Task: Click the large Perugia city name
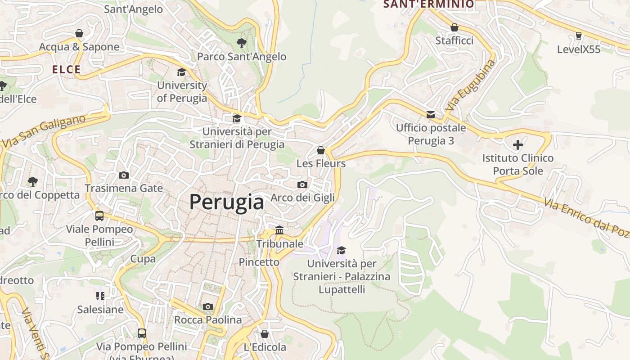click(226, 202)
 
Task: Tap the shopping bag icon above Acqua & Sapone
click(79, 34)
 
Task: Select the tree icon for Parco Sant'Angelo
click(242, 43)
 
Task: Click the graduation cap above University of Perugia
click(181, 72)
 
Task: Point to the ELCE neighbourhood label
click(66, 70)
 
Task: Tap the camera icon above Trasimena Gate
click(124, 175)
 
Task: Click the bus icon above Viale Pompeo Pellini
click(99, 216)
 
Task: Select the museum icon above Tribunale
click(279, 230)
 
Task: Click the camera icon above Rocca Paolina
click(207, 306)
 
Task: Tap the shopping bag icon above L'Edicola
click(265, 334)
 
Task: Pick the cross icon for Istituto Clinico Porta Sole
click(518, 145)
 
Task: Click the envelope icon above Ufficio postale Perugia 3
click(431, 115)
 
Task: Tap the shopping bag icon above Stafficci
click(454, 27)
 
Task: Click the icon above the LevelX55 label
click(579, 36)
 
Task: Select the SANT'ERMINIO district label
click(428, 4)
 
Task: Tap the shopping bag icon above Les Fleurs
click(321, 150)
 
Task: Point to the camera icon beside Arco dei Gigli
click(302, 184)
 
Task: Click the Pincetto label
click(259, 262)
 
